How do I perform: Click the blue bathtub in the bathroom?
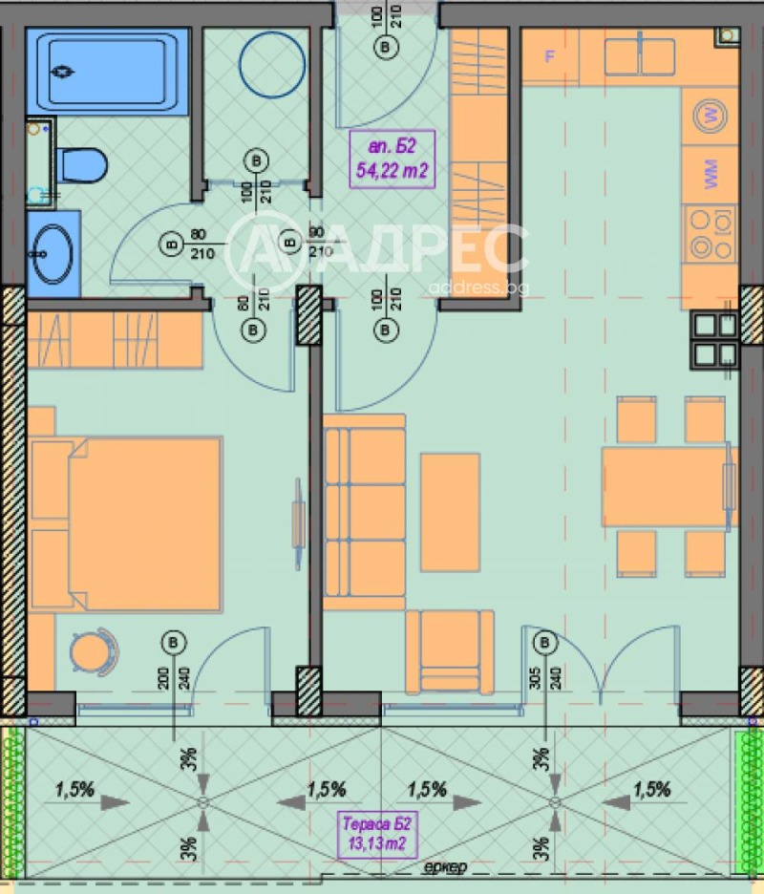tap(106, 73)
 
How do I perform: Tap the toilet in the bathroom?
tap(82, 164)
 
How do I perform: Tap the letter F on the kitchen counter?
tap(549, 55)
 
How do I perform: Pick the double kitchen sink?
tap(639, 55)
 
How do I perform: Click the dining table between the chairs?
tap(668, 487)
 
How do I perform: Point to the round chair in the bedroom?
tap(93, 652)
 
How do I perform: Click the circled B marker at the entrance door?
tap(386, 46)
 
